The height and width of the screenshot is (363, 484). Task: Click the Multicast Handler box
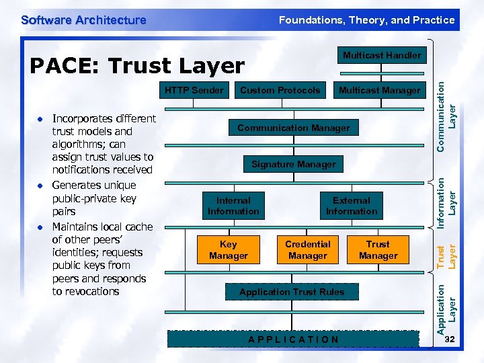[x=381, y=55]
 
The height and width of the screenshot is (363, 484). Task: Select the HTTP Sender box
[x=194, y=90]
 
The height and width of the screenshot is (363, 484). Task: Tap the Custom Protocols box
[x=280, y=90]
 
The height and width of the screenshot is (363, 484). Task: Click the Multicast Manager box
[x=379, y=90]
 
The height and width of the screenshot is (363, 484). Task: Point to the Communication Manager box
[x=293, y=128]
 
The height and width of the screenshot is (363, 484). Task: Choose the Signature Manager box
[x=293, y=164]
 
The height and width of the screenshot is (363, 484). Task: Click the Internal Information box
[x=233, y=206]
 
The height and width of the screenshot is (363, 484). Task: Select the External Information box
[x=352, y=206]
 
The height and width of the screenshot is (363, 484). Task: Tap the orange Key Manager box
[x=229, y=250]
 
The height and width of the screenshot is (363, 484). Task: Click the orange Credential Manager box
[x=307, y=250]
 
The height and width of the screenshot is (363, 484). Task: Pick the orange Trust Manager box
[x=378, y=250]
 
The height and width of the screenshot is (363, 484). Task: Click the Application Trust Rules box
[x=292, y=292]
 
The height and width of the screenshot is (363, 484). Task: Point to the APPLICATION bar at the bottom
[x=293, y=339]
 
